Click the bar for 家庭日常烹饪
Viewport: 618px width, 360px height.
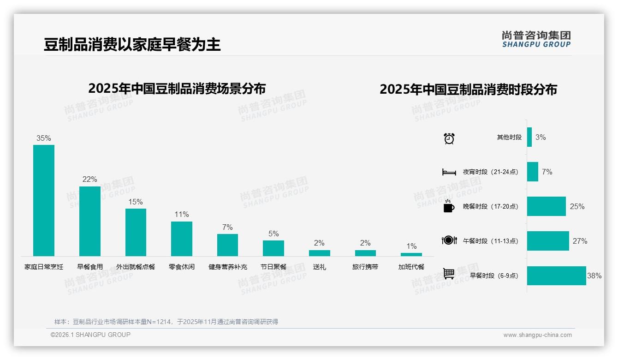(x=44, y=200)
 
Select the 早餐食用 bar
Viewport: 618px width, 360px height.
(x=89, y=221)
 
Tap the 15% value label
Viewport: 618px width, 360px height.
(x=136, y=202)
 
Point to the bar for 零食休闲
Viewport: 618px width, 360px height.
(x=181, y=239)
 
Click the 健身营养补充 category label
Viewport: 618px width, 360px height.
(x=227, y=267)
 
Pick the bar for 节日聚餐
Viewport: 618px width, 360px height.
(x=273, y=248)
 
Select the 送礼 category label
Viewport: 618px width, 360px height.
(x=319, y=267)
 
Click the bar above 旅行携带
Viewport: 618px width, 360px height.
(x=365, y=253)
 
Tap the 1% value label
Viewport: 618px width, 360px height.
(x=411, y=246)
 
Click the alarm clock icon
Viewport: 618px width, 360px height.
(x=449, y=138)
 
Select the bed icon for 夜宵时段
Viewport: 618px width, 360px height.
(x=449, y=172)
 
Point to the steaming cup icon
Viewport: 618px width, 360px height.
(x=449, y=206)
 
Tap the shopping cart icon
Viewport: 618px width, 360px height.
(x=449, y=274)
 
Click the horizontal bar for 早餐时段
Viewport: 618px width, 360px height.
(x=556, y=276)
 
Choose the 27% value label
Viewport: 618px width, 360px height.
(x=580, y=241)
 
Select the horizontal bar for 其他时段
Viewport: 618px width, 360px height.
(x=529, y=137)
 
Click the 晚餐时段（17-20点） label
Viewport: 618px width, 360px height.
(x=490, y=206)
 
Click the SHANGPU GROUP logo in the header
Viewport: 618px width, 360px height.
(x=536, y=39)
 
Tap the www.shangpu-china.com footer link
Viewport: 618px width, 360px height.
(x=537, y=335)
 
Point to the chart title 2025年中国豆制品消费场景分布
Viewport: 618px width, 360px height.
(x=177, y=88)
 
